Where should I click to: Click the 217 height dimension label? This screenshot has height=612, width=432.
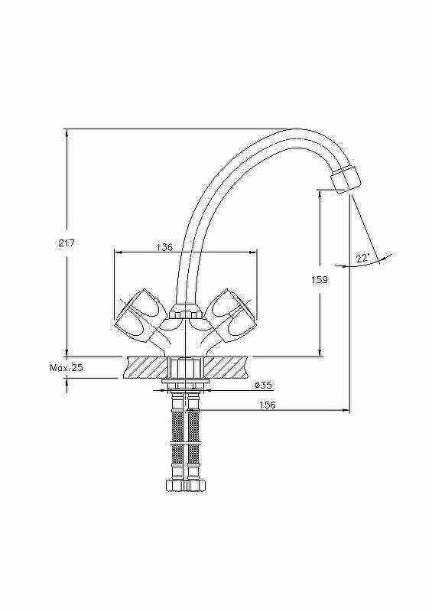pos(66,243)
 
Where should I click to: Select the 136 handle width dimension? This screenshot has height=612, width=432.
pos(164,247)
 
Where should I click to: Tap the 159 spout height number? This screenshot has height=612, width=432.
pos(320,280)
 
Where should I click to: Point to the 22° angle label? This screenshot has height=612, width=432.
pos(362,258)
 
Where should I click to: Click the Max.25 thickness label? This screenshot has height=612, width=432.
pos(67,368)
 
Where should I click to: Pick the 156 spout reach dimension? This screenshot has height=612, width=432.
pos(268,405)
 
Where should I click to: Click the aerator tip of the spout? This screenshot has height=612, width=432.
pos(345,179)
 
